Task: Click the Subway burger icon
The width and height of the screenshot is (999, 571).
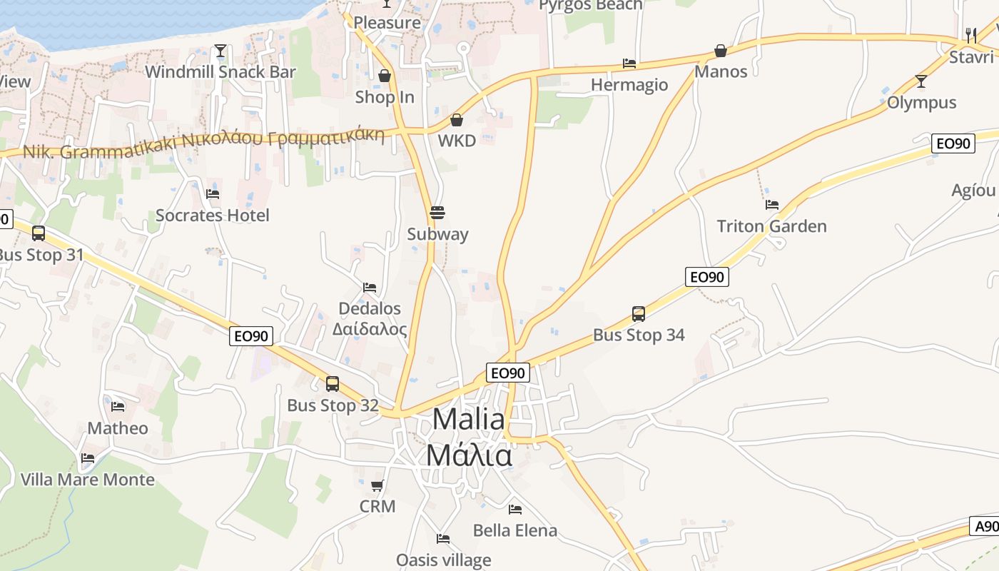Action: (437, 213)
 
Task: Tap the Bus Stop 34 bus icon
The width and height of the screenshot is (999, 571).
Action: (639, 313)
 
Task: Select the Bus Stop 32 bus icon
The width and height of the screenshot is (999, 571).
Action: (333, 384)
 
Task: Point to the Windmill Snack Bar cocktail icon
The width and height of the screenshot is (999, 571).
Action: (220, 51)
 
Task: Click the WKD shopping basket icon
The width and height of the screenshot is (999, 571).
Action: (457, 120)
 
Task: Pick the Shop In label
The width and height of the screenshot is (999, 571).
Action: (385, 97)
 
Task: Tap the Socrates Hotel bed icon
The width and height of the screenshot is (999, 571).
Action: (213, 193)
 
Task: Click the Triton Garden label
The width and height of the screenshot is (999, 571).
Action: (771, 226)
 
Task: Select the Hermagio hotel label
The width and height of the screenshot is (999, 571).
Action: (629, 85)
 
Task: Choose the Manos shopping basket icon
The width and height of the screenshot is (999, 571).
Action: (721, 51)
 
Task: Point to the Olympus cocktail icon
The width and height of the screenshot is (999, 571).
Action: (921, 81)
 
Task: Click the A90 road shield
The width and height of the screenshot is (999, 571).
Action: (986, 527)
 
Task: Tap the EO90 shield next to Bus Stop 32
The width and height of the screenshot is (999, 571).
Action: (251, 336)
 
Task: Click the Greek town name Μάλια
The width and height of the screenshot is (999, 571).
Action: (469, 455)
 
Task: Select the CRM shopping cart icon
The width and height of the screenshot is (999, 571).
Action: (377, 486)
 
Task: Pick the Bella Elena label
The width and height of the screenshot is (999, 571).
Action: (515, 530)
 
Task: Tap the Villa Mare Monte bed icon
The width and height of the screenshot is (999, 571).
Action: (88, 458)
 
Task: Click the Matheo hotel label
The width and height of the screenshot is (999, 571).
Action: (118, 428)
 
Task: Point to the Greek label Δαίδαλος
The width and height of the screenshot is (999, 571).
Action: (370, 329)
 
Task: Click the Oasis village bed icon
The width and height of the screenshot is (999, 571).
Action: (443, 539)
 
